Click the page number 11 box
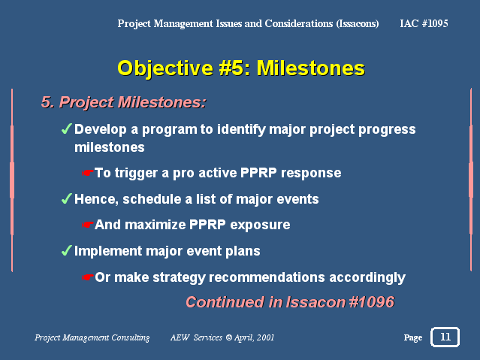445,337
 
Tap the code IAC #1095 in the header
424,23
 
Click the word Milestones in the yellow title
311,68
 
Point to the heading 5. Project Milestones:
124,102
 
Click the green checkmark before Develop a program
66,129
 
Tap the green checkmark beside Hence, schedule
66,198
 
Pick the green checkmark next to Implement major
66,250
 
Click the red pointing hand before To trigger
88,173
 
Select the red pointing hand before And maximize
88,225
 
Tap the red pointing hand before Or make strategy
88,277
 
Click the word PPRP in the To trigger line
258,173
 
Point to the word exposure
260,225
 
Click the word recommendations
267,277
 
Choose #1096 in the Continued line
372,302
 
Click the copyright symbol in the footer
228,337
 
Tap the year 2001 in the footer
265,337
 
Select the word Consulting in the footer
131,337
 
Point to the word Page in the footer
413,337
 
